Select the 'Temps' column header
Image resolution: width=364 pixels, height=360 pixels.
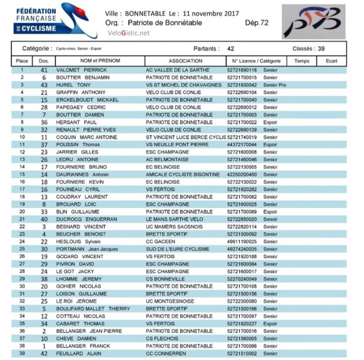pos(302,61)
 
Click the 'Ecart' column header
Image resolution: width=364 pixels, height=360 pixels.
pos(332,61)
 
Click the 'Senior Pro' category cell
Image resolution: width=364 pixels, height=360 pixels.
pos(275,85)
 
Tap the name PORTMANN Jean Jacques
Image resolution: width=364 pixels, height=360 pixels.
pos(83,249)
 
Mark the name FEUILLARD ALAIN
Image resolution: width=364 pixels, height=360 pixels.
pos(77,353)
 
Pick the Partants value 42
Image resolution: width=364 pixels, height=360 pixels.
pos(231,48)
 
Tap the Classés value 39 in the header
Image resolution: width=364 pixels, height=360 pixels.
pos(321,48)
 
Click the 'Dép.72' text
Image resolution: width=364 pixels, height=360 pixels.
pos(256,22)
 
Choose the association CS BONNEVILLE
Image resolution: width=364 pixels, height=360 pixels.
pos(166,278)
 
